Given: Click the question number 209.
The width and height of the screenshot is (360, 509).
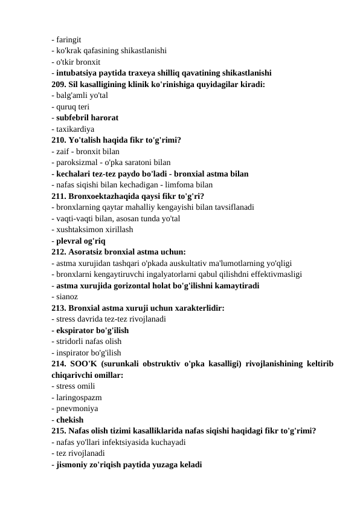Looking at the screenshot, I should (59, 83).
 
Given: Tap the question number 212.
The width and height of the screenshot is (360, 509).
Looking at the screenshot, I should (59, 252).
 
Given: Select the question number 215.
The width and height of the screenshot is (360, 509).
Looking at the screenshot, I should (59, 431).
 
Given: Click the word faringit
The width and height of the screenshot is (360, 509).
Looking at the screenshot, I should (73, 39).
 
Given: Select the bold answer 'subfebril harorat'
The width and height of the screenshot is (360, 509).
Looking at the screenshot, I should (88, 117).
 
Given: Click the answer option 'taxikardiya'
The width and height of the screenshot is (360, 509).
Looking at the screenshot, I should (76, 129).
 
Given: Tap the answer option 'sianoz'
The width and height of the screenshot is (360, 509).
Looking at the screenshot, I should (66, 297).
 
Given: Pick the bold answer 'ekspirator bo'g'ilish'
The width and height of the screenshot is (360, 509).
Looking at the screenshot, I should (92, 331).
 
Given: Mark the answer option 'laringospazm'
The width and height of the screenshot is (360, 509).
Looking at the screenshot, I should (79, 398).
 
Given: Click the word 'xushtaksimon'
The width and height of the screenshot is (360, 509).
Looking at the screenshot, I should (82, 229).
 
